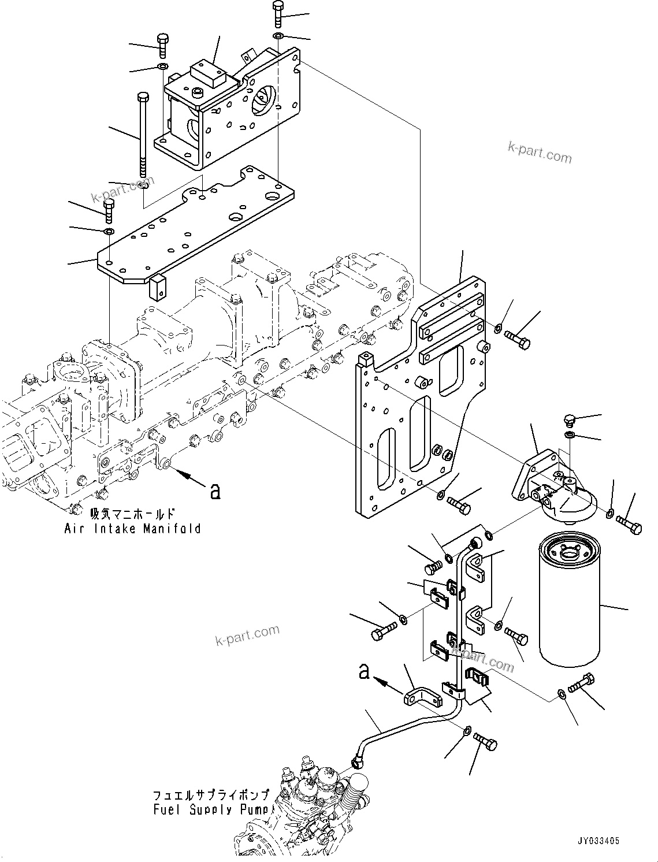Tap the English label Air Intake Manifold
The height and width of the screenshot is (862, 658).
(132, 528)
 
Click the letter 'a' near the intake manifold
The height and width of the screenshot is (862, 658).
(215, 491)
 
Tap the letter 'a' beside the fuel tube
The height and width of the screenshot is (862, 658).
(364, 672)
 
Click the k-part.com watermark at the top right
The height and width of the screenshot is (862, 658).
(539, 153)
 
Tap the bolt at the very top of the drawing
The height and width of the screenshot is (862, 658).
(278, 14)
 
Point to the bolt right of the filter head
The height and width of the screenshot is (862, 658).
(629, 525)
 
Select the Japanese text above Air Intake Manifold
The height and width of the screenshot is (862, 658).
(132, 513)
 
